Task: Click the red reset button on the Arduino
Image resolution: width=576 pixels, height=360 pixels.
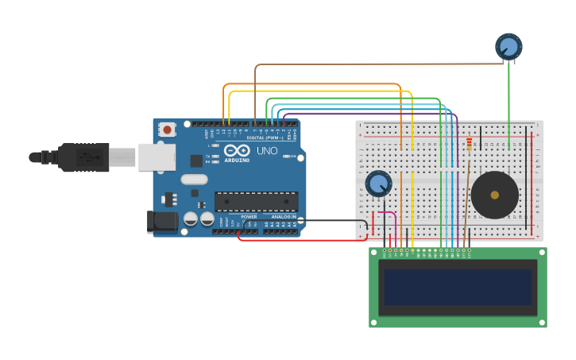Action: pyautogui.click(x=166, y=130)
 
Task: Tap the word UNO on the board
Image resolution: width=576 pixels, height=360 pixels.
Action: pyautogui.click(x=267, y=150)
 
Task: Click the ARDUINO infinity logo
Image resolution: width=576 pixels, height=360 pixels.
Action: pyautogui.click(x=237, y=151)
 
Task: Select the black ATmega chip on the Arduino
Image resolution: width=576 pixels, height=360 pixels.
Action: pyautogui.click(x=256, y=202)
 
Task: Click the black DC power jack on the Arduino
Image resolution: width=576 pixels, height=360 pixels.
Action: pyautogui.click(x=163, y=222)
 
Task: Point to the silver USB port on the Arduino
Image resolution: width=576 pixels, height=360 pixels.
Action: pyautogui.click(x=157, y=157)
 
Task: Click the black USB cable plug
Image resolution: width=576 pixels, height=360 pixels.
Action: pyautogui.click(x=84, y=157)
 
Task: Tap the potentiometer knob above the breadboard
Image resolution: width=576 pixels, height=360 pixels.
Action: pyautogui.click(x=508, y=46)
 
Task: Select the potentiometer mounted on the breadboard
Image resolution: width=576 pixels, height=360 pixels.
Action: pyautogui.click(x=378, y=184)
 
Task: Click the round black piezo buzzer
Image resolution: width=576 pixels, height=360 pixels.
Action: pyautogui.click(x=494, y=195)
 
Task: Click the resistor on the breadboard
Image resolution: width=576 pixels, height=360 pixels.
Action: pyautogui.click(x=469, y=144)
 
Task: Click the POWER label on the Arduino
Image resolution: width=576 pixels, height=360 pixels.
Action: pyautogui.click(x=249, y=216)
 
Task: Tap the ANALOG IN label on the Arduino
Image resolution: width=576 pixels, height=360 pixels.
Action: pyautogui.click(x=284, y=216)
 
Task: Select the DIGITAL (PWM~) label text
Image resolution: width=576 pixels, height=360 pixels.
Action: pyautogui.click(x=265, y=137)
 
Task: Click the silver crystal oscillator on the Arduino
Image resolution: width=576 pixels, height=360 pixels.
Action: pyautogui.click(x=194, y=180)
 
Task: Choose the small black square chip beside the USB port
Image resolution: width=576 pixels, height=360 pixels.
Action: pyautogui.click(x=196, y=161)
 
